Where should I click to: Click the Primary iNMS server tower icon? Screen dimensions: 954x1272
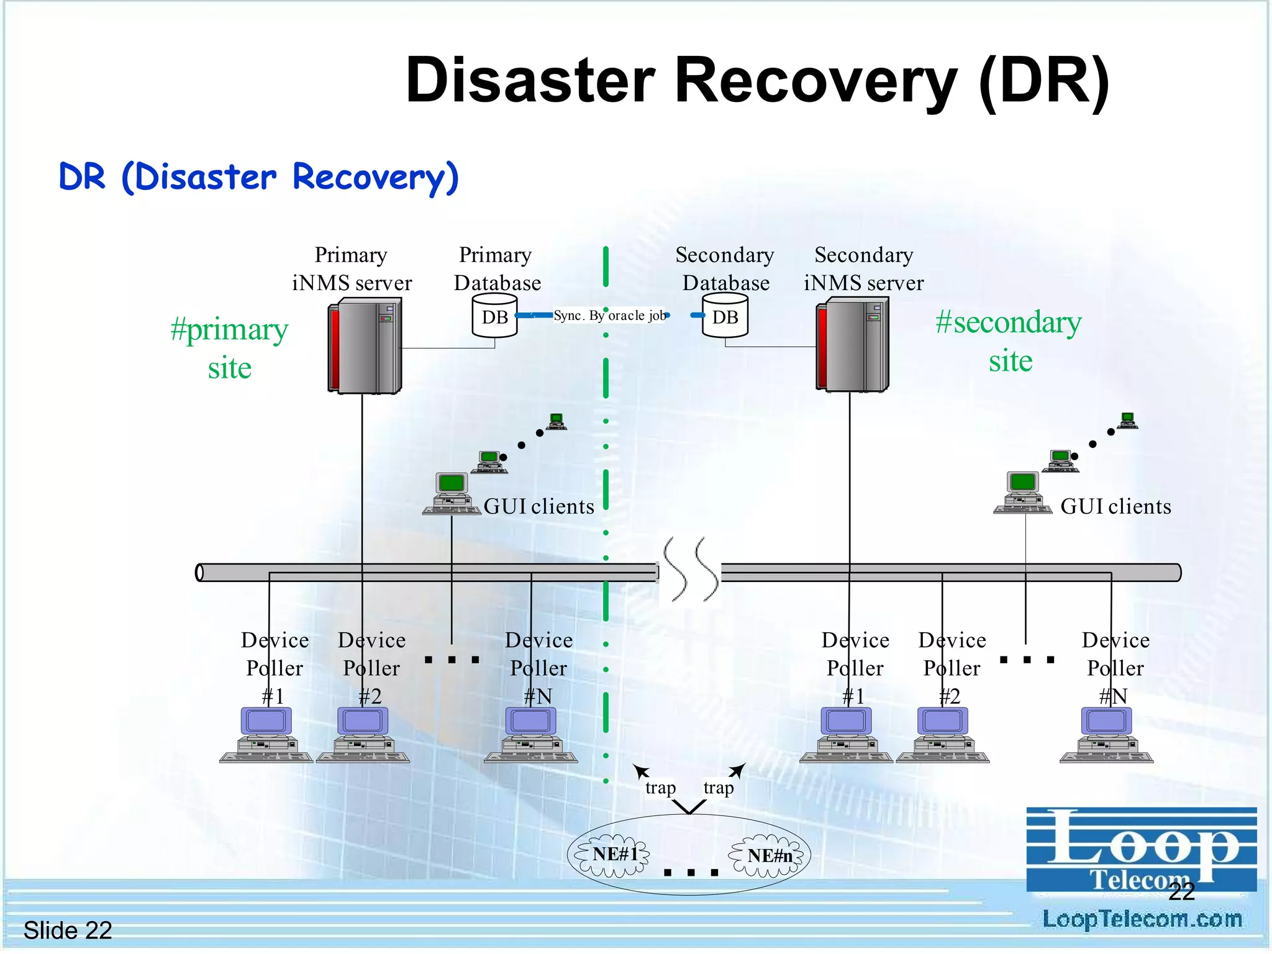point(365,345)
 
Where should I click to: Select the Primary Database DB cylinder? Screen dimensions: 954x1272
point(494,316)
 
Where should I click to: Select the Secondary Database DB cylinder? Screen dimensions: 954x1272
point(725,316)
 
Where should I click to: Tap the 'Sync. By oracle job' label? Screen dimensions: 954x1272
point(609,316)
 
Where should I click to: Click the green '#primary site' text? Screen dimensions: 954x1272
point(229,348)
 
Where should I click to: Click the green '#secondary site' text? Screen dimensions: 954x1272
point(1009,341)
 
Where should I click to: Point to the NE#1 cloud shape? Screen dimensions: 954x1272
point(613,856)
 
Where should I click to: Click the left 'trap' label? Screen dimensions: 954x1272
point(660,788)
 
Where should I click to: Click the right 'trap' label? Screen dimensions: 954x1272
point(718,788)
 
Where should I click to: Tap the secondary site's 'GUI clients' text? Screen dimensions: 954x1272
point(1115,506)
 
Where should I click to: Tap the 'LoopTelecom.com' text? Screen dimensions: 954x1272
point(1142,919)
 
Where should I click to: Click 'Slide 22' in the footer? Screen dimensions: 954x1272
point(68,930)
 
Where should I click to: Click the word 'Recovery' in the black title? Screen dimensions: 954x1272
point(815,81)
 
